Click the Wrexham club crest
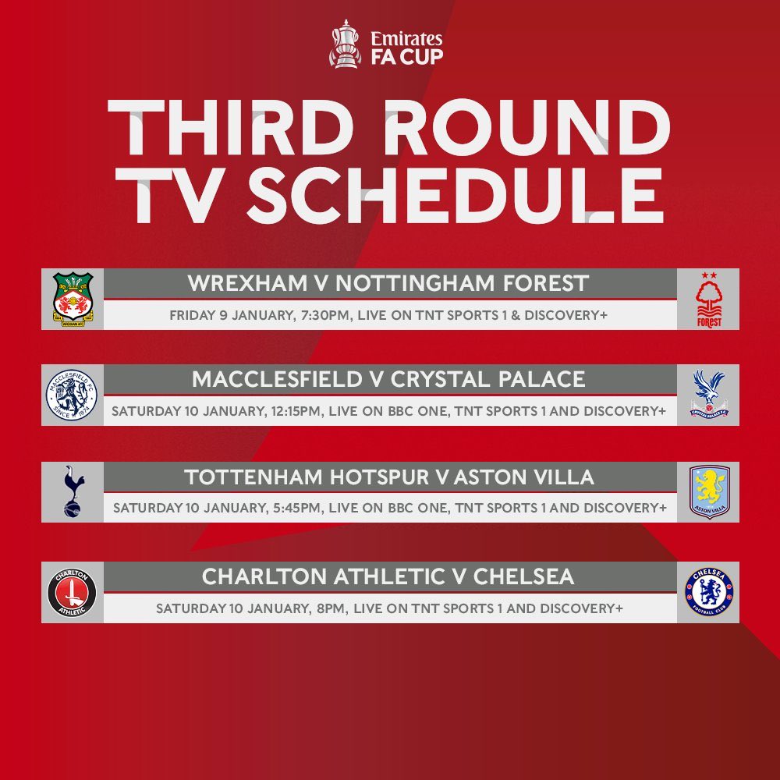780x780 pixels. (x=73, y=299)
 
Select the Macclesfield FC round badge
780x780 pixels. (x=72, y=395)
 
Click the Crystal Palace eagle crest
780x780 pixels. (x=709, y=395)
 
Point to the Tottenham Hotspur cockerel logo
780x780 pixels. (x=73, y=491)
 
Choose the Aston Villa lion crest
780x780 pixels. (x=709, y=491)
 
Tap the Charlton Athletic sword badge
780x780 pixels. (x=72, y=592)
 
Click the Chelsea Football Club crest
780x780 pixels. (x=709, y=592)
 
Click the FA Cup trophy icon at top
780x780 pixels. (x=343, y=44)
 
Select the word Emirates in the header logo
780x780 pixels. (x=407, y=38)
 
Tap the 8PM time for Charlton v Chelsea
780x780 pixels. (x=331, y=608)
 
